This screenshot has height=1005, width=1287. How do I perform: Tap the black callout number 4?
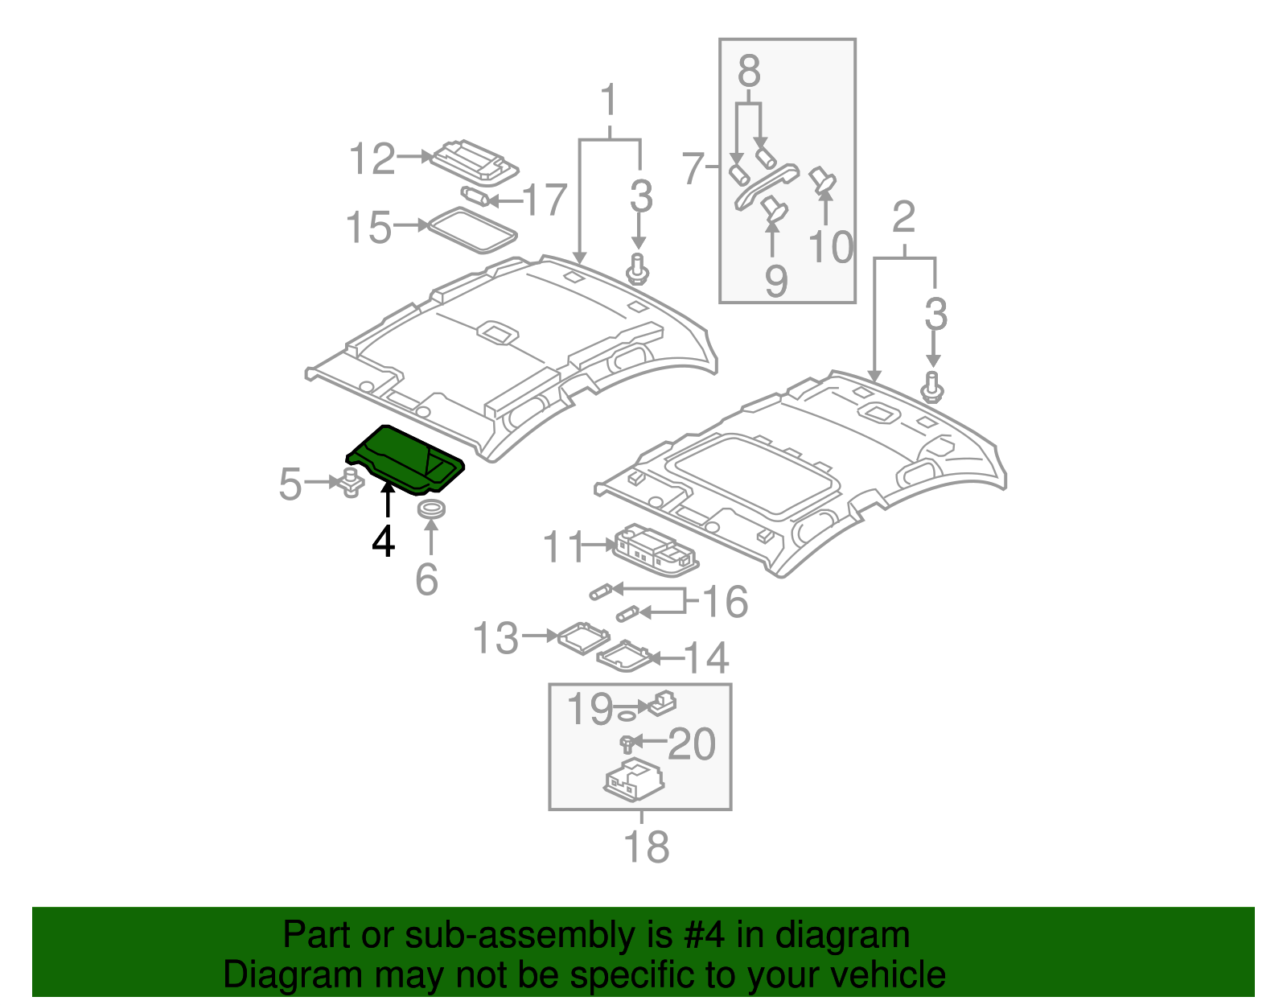384,542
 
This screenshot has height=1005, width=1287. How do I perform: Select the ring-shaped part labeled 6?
432,509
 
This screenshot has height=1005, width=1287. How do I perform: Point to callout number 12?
372,159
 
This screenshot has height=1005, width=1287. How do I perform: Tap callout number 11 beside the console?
562,547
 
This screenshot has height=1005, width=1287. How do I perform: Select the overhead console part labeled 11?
655,550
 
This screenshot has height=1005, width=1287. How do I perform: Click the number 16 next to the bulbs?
725,602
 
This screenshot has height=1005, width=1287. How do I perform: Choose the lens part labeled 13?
582,636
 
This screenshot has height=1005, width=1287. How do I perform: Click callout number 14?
706,658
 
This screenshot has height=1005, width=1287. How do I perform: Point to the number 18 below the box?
646,846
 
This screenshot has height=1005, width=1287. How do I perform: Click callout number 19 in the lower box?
590,709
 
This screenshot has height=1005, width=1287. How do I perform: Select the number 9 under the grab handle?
775,281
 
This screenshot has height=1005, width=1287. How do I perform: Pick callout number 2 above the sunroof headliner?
904,217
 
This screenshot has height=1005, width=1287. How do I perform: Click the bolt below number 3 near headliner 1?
638,269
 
